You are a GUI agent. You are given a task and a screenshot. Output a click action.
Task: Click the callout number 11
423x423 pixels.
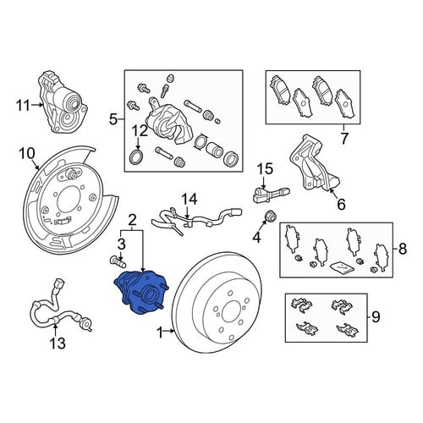[x=23, y=106]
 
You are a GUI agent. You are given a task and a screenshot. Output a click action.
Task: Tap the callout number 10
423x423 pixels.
[x=27, y=154]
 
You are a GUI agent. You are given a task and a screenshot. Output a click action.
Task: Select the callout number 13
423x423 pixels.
[x=58, y=343]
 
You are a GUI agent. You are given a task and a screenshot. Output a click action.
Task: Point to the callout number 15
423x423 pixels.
[x=265, y=168]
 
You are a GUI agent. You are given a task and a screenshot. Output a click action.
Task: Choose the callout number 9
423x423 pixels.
[x=376, y=317]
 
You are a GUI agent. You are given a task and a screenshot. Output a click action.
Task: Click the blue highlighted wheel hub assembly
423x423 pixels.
[x=141, y=292]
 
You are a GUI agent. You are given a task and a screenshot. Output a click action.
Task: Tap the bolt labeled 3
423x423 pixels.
[x=118, y=261]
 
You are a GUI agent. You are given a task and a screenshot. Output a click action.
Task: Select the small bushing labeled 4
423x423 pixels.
[x=271, y=217]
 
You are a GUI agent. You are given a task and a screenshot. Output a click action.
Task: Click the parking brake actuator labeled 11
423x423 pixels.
[x=63, y=103]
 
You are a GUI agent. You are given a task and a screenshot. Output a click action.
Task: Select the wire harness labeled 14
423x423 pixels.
[x=195, y=219]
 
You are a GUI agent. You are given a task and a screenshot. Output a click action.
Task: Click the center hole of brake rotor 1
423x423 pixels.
[x=232, y=312]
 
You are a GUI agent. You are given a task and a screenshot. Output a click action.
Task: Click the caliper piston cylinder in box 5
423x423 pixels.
[x=214, y=148]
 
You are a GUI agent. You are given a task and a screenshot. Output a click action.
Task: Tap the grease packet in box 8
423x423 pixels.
[x=342, y=267]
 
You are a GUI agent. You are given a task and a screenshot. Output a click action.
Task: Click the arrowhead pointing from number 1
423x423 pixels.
[x=173, y=331]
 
